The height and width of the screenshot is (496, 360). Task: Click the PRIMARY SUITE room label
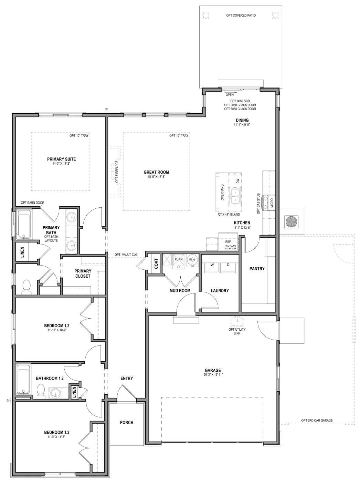pyautogui.click(x=61, y=159)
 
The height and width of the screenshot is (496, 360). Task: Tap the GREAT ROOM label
pyautogui.click(x=156, y=172)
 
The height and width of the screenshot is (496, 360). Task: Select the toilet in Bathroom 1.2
pyautogui.click(x=41, y=391)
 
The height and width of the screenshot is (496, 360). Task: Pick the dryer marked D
pyautogui.click(x=227, y=265)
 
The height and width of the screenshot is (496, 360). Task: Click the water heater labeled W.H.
pyautogui.click(x=191, y=260)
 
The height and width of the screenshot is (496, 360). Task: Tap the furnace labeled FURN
pyautogui.click(x=178, y=259)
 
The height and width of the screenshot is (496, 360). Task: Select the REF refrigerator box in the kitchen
pyautogui.click(x=228, y=242)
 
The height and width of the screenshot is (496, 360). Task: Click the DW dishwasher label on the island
pyautogui.click(x=237, y=181)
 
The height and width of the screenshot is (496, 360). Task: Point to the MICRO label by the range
pyautogui.click(x=272, y=201)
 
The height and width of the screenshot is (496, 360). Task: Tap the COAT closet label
pyautogui.click(x=156, y=264)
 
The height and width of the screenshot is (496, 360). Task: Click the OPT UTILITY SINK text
pyautogui.click(x=237, y=331)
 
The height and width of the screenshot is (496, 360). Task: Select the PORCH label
pyautogui.click(x=126, y=422)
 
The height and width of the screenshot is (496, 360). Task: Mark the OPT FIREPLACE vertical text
pyautogui.click(x=117, y=171)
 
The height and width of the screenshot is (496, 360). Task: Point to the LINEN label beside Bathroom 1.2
pyautogui.click(x=74, y=392)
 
